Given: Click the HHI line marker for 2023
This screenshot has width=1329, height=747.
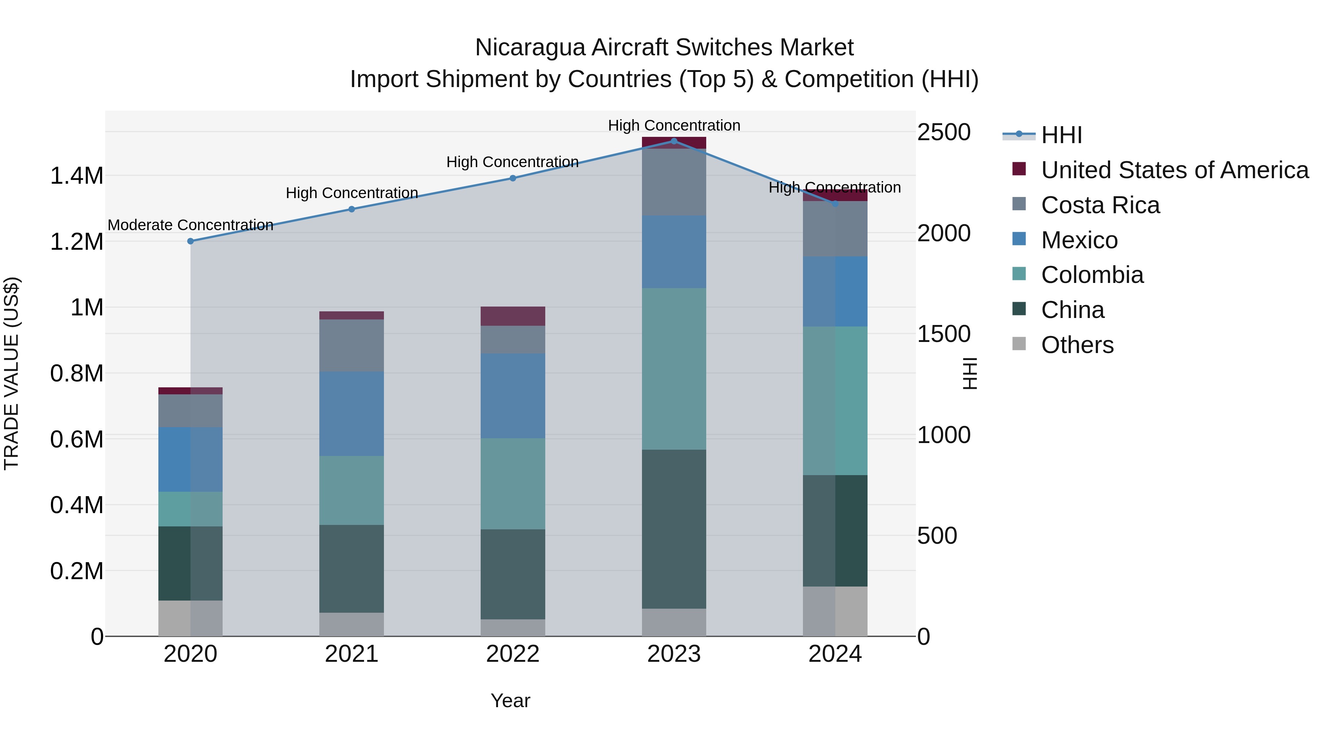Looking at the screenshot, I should (674, 141).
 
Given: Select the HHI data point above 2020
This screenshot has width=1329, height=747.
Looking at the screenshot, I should (190, 241).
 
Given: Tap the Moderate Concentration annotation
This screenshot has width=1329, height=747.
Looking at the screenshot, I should (190, 225).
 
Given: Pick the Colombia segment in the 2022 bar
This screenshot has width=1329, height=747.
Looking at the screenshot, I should (513, 484).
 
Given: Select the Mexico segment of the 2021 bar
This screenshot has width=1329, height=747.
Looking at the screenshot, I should (351, 414).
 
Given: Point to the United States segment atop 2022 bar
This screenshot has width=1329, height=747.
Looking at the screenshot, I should (513, 316).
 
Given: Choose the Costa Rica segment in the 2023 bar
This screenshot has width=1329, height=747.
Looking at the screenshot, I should (674, 182).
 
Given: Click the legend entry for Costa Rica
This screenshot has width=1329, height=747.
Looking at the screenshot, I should (1100, 205).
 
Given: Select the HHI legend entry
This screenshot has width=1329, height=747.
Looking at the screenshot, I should (1061, 135).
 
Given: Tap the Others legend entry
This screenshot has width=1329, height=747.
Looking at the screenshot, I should (1077, 345).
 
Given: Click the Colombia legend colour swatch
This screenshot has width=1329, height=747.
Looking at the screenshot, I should (1019, 274).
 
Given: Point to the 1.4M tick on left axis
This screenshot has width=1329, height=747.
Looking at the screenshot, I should (76, 176).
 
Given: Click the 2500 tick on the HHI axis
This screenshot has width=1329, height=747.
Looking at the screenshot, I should (944, 132).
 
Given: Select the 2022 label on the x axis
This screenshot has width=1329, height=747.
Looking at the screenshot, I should (513, 654).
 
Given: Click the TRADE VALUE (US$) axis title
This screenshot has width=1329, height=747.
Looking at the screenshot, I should (11, 373).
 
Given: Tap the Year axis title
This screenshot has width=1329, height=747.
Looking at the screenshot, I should (510, 701).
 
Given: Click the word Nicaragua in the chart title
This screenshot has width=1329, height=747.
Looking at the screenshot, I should (529, 48).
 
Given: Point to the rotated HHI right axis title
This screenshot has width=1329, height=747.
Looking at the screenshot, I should (970, 373).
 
